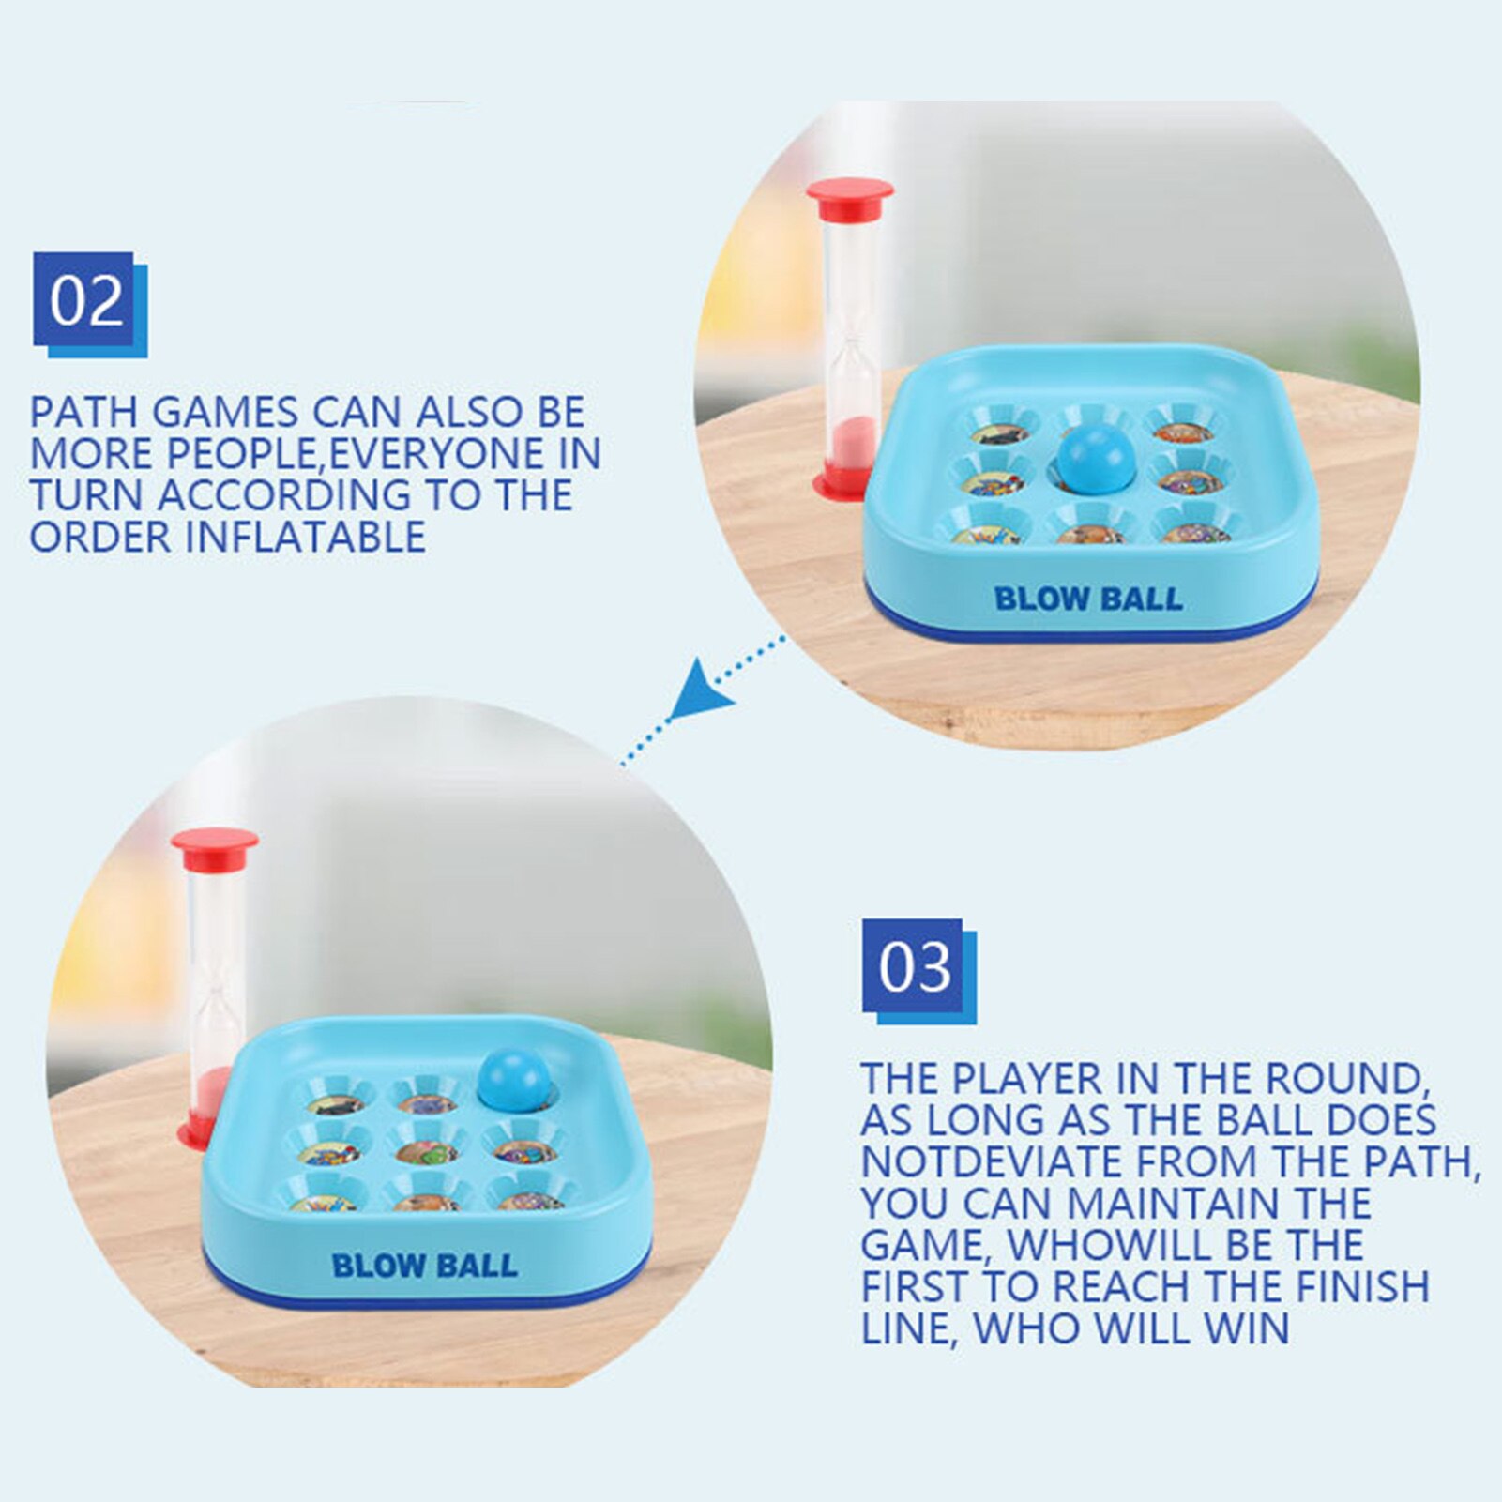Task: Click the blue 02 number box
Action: click(x=90, y=304)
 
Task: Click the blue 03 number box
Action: click(x=919, y=970)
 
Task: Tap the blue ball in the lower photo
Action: click(x=514, y=1079)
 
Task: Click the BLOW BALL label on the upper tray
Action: click(x=1088, y=599)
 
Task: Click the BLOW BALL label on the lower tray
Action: click(x=424, y=1265)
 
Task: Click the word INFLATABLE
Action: click(x=306, y=537)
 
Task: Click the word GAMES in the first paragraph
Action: click(x=224, y=412)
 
